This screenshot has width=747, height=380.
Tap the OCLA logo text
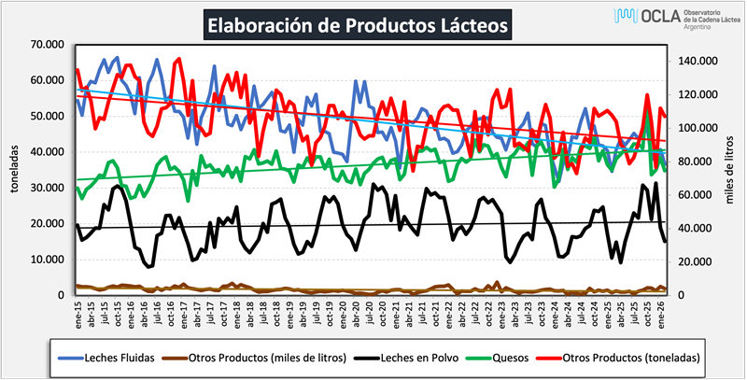pos(639,16)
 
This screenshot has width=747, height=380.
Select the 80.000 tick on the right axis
pos(695,162)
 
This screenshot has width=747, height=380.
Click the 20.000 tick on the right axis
pos(695,262)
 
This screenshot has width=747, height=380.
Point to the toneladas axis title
pos(14,168)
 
